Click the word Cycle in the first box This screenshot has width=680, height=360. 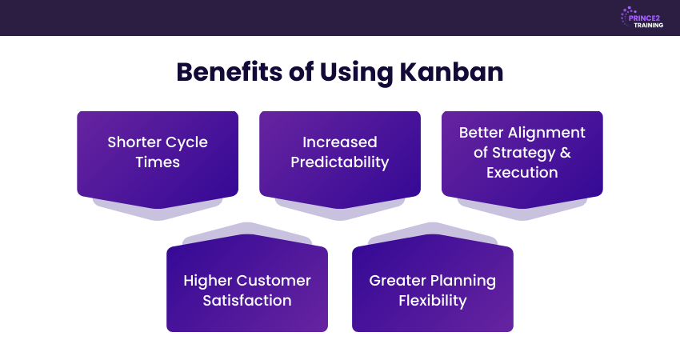tap(187, 142)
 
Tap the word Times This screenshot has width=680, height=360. tap(158, 162)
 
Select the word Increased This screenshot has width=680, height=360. tap(340, 142)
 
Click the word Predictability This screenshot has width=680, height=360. tap(340, 162)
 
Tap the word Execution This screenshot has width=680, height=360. tap(522, 172)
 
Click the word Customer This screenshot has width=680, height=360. tap(274, 281)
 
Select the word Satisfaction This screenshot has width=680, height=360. tap(247, 301)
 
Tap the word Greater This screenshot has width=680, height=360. tap(397, 281)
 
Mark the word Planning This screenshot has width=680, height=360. tap(462, 281)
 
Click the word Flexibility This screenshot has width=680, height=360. tap(433, 301)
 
